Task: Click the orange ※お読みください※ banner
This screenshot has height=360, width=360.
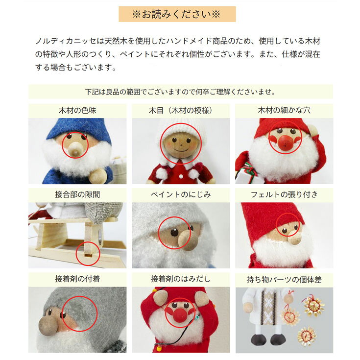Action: click(177, 14)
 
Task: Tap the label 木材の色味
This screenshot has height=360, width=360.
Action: click(77, 110)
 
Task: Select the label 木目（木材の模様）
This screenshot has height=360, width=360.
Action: click(180, 110)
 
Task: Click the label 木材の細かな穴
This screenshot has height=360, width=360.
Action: click(284, 110)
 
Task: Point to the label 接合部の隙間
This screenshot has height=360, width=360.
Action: click(77, 195)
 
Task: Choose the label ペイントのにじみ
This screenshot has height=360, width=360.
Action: click(181, 195)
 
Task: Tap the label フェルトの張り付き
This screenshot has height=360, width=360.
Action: click(284, 195)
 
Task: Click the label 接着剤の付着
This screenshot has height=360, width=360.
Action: click(77, 279)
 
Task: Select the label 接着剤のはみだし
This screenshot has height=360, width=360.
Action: click(181, 279)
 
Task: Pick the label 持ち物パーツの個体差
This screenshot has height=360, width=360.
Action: click(284, 280)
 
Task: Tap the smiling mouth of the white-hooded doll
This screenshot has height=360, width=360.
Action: click(181, 151)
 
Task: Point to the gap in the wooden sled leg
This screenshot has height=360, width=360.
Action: click(88, 255)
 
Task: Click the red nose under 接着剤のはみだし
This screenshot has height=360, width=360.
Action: click(180, 315)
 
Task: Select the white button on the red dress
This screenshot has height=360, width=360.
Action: click(181, 177)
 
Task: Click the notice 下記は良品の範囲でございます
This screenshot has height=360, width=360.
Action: click(180, 92)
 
